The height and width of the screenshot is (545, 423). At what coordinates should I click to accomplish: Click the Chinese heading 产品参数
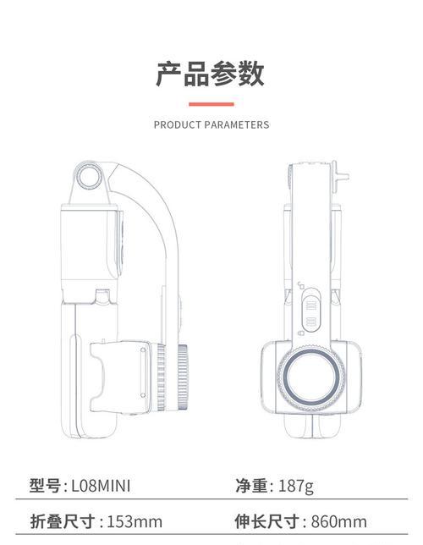point(210,74)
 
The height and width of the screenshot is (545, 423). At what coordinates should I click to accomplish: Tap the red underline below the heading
point(211,104)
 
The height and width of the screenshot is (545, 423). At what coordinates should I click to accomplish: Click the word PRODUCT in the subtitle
point(178,124)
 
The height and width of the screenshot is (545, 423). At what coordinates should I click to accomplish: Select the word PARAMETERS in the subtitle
point(237,124)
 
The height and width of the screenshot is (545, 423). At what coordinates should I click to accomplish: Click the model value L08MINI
point(101,486)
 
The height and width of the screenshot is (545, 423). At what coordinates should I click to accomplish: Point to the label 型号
point(45,486)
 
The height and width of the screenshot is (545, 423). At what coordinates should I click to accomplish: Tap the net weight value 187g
point(296,486)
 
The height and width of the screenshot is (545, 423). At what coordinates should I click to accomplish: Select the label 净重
point(251,486)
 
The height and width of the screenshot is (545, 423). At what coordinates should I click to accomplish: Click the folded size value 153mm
point(135,521)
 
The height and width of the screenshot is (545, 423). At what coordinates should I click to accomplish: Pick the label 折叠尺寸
point(63,521)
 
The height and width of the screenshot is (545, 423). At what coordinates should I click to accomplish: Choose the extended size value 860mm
point(339,521)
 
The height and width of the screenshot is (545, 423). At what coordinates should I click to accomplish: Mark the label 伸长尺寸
point(266,521)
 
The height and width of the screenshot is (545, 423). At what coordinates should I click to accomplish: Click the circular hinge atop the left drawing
point(90,177)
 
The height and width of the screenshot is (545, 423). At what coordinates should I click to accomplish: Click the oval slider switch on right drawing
point(311,311)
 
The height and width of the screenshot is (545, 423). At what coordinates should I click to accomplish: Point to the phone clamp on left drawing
point(120,377)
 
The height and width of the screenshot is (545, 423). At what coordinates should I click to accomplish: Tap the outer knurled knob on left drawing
point(183,377)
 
